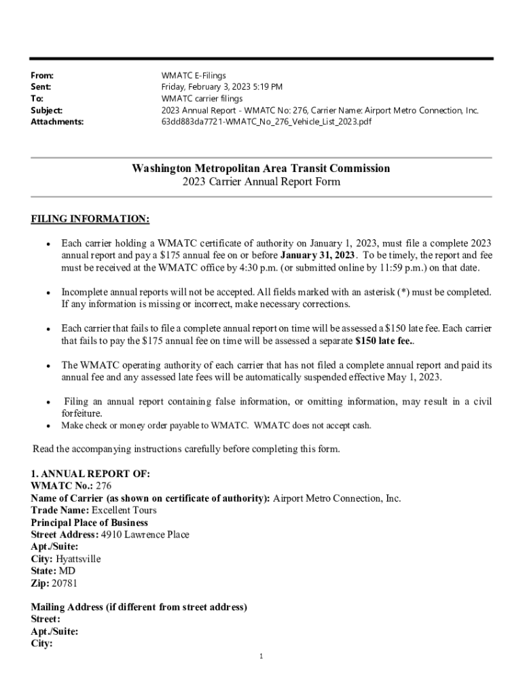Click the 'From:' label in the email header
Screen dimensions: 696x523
(42, 75)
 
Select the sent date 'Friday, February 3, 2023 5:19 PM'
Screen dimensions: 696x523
(221, 87)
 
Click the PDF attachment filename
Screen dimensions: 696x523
(266, 122)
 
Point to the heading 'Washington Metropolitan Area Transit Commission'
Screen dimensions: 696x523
(261, 168)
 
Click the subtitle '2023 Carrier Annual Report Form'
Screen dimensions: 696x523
(261, 181)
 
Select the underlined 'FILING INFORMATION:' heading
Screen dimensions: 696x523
(90, 219)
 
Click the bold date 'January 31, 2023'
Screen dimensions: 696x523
(317, 255)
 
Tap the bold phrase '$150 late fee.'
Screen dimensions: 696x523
(385, 340)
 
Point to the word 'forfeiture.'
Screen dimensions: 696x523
(82, 413)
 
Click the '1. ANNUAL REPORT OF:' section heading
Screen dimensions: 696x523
(90, 474)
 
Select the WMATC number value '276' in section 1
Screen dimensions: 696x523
(103, 486)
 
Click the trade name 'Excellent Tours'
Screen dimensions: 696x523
(124, 510)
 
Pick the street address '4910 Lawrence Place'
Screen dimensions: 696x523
(145, 535)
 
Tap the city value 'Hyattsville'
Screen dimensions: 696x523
(78, 559)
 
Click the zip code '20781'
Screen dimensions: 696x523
(65, 583)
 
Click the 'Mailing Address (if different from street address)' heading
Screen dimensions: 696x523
(139, 607)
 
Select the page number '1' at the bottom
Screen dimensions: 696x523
(261, 657)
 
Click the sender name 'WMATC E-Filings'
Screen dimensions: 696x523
(194, 75)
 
